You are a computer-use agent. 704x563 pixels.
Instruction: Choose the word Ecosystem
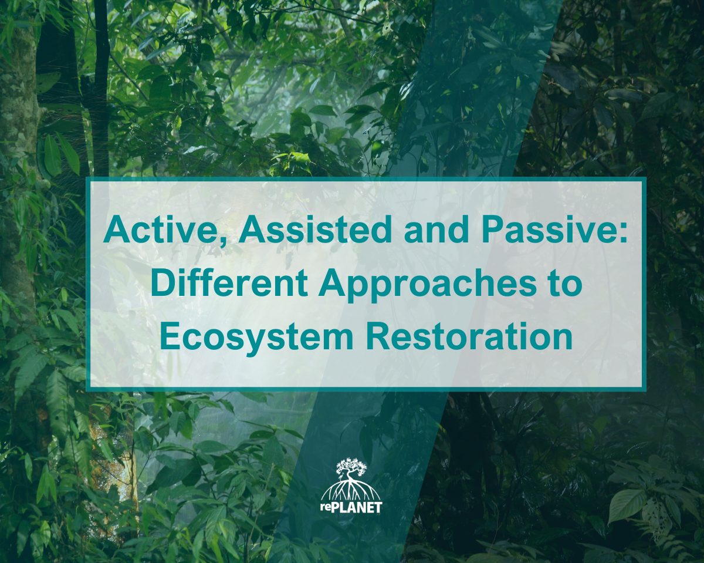(256, 337)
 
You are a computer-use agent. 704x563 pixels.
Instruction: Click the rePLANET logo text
(351, 508)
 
